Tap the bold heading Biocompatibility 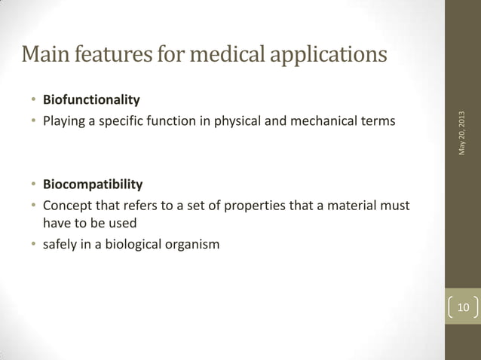93,185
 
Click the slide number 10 463,307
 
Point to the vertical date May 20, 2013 462,133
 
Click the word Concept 66,204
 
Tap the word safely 60,243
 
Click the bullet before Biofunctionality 33,100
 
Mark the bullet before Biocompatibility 33,185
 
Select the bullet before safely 33,243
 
